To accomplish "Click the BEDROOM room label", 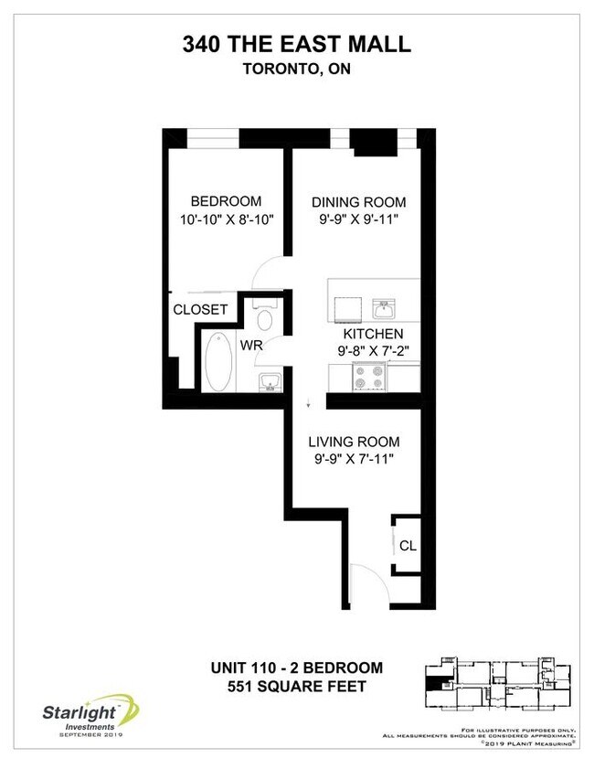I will pyautogui.click(x=225, y=201).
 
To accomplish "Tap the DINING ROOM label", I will pyautogui.click(x=358, y=202).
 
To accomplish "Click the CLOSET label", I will pyautogui.click(x=200, y=310).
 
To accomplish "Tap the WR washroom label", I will pyautogui.click(x=252, y=347).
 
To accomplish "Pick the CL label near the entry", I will pyautogui.click(x=408, y=546).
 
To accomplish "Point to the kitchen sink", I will pyautogui.click(x=384, y=306).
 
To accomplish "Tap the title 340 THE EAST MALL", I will pyautogui.click(x=296, y=44).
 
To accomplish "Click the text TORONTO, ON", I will pyautogui.click(x=296, y=69).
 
